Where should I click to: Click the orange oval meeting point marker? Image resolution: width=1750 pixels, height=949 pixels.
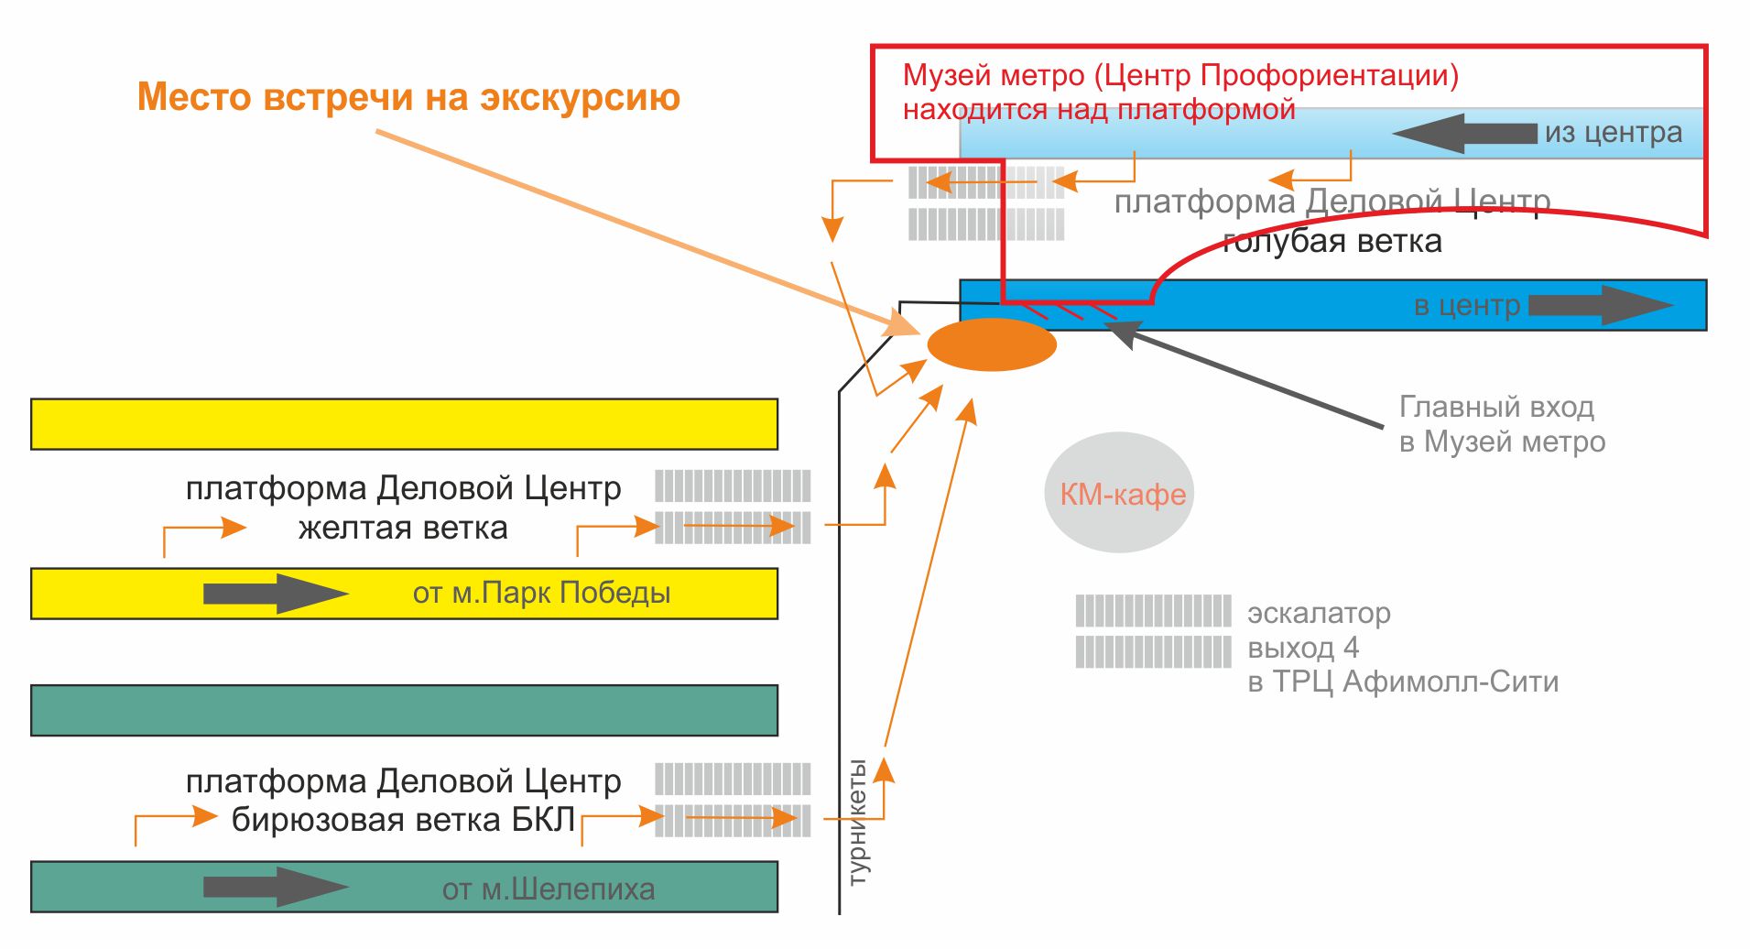click(992, 344)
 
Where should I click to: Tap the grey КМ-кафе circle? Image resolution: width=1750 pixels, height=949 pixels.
click(1120, 493)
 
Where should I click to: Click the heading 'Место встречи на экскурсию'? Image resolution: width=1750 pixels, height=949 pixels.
click(408, 97)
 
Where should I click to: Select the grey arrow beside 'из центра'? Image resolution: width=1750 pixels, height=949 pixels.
click(1464, 134)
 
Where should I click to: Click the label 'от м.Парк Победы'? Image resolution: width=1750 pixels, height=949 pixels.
click(541, 594)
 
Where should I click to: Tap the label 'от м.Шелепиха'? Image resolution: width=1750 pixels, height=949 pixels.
click(548, 889)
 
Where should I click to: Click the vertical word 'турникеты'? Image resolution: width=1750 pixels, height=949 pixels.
click(858, 822)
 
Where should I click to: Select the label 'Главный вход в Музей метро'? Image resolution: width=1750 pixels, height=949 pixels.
click(1501, 424)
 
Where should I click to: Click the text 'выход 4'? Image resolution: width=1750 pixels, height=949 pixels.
click(1303, 649)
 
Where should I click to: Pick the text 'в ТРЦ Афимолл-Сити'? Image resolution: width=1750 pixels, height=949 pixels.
click(1402, 682)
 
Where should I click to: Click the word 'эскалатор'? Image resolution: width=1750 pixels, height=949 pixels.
click(1319, 613)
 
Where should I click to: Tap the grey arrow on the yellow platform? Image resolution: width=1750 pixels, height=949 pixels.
click(275, 594)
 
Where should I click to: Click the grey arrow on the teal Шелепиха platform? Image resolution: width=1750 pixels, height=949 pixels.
click(275, 887)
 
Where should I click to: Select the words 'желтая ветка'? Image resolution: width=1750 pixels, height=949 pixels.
click(403, 529)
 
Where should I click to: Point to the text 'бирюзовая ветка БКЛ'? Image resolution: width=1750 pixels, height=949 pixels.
click(403, 820)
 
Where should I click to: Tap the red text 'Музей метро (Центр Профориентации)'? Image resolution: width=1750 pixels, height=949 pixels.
click(1180, 75)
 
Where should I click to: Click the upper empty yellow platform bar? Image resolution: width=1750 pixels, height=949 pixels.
click(404, 424)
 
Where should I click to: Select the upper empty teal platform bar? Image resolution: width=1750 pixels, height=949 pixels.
click(404, 710)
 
